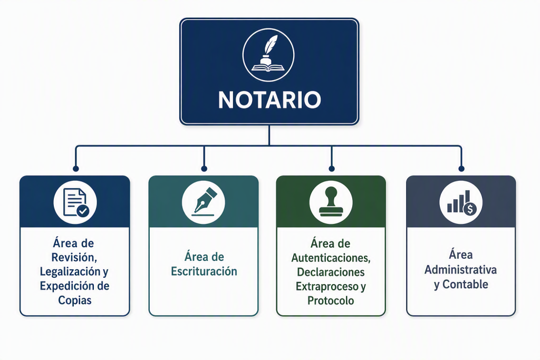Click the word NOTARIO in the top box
269,100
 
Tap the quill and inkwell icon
268,55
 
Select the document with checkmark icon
75,202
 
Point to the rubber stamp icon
331,202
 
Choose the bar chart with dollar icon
461,202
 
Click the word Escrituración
204,271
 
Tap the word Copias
75,300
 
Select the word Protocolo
331,300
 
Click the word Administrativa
460,269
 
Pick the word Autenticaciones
331,258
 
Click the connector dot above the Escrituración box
204,169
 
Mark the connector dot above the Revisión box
76,169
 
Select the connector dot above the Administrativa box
461,169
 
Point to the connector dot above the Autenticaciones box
332,169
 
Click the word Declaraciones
331,272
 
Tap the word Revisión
74,257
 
